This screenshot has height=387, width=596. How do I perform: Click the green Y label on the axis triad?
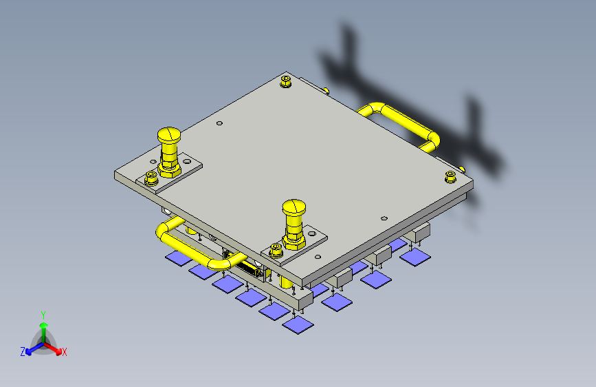pyautogui.click(x=43, y=315)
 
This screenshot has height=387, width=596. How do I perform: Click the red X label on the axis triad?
pyautogui.click(x=64, y=353)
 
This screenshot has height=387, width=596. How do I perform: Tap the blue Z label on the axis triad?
pyautogui.click(x=23, y=352)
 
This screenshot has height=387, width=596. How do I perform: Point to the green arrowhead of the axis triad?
pyautogui.click(x=44, y=325)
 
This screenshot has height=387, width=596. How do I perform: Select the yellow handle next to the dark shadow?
pyautogui.click(x=402, y=127)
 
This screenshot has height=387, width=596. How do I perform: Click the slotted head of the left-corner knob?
pyautogui.click(x=169, y=134)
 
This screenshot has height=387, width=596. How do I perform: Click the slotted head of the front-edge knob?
pyautogui.click(x=294, y=207)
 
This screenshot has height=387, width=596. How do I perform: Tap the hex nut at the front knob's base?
pyautogui.click(x=294, y=242)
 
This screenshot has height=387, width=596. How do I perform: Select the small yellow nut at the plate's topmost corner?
pyautogui.click(x=286, y=81)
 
